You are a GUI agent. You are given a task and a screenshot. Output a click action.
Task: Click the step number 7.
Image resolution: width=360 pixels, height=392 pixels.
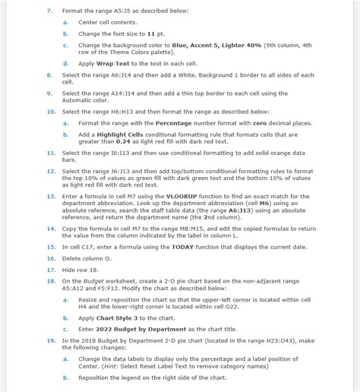pyautogui.click(x=49, y=11)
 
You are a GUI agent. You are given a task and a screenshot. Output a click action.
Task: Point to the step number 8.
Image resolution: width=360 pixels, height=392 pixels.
pyautogui.click(x=49, y=75)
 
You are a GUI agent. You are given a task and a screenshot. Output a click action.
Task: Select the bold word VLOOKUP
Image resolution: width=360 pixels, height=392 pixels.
pyautogui.click(x=193, y=196)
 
